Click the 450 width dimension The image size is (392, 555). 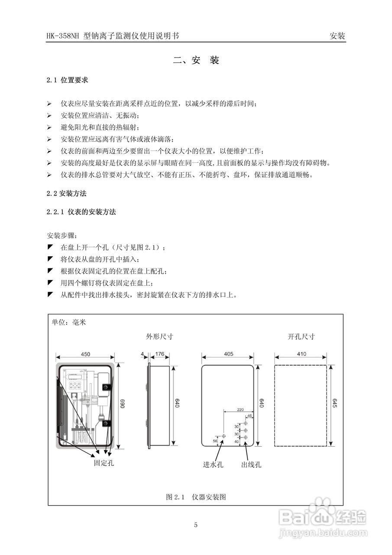[x=85, y=354]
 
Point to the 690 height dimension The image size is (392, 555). [x=122, y=404]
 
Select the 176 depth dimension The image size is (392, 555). [x=159, y=354]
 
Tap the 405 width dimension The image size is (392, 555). [x=228, y=354]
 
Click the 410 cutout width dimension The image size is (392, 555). [x=301, y=354]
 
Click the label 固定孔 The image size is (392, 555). [x=104, y=463]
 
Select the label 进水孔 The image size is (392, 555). [x=213, y=465]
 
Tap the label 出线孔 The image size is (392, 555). [x=251, y=465]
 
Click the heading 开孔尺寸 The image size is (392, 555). [x=301, y=336]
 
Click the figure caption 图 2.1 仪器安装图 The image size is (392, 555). [x=196, y=497]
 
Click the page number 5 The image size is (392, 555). [x=196, y=525]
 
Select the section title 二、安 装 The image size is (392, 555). [x=196, y=60]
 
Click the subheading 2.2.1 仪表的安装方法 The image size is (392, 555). [x=81, y=212]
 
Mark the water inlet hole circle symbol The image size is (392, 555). [x=224, y=436]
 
